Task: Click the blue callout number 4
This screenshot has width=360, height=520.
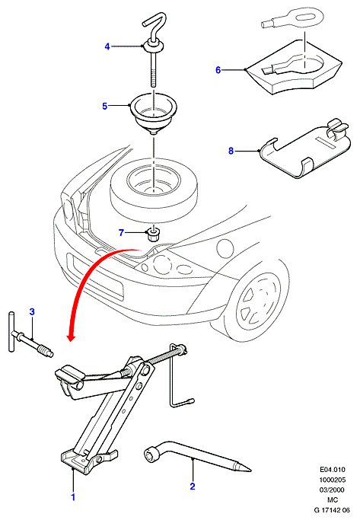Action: pos(107,46)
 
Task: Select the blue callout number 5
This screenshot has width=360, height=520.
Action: pos(105,106)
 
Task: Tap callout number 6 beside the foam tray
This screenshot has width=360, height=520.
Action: pos(218,70)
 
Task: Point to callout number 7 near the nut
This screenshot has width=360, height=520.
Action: pos(121,233)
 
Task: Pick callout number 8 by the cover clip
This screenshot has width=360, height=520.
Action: pos(231,151)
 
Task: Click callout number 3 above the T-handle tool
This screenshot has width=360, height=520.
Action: pos(32,311)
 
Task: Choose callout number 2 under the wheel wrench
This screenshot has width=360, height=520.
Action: pos(193,487)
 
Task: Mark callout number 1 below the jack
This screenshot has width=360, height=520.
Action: pos(73,497)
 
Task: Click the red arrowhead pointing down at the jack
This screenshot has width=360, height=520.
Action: pos(71,337)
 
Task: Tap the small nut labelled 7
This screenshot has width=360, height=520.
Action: pos(152,234)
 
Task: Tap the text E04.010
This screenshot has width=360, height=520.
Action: pos(333,469)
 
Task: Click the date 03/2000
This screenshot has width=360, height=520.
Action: pos(332,490)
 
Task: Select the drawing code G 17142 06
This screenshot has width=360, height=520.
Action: pos(332,510)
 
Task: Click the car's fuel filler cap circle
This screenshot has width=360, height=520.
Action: pos(225,247)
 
